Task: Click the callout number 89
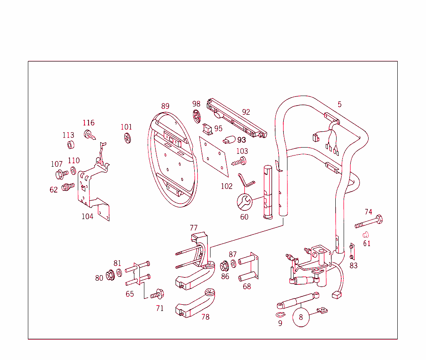point(165,106)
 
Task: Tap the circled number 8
point(301,317)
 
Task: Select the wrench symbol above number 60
point(244,202)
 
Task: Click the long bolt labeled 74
point(369,222)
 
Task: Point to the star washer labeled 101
point(127,138)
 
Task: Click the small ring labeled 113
point(70,145)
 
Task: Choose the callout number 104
point(87,216)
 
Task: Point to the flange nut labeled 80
point(110,275)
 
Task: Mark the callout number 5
point(339,104)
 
